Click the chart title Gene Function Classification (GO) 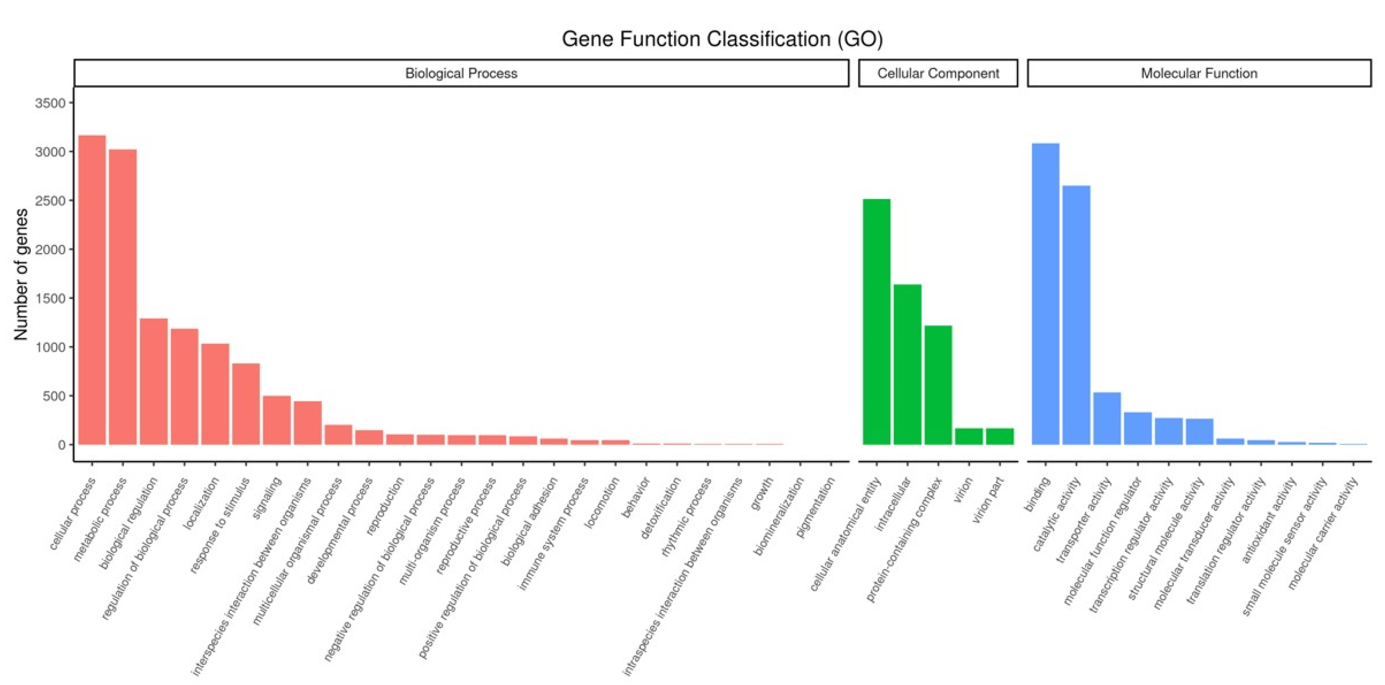(x=722, y=39)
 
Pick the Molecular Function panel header (x=1199, y=73)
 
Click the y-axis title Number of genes (x=20, y=274)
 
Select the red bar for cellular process (x=92, y=290)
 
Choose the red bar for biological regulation (x=154, y=382)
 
